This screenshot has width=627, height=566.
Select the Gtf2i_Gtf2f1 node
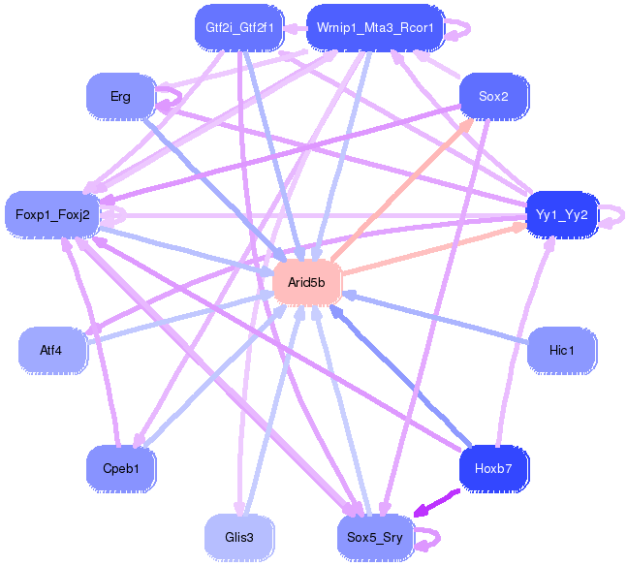tap(237, 27)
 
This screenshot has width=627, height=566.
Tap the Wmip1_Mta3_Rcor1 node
tap(375, 27)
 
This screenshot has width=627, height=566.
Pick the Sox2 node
tap(493, 96)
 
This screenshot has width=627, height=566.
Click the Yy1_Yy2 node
tap(562, 213)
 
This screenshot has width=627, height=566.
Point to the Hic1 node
tap(561, 350)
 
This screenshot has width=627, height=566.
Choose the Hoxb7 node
tap(493, 469)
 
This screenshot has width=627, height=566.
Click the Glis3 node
tap(237, 536)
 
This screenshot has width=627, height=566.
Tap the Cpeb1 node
tap(121, 469)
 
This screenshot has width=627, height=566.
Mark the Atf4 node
tap(51, 350)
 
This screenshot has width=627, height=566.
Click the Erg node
tap(121, 96)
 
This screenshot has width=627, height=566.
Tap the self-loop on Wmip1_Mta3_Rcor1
tap(459, 28)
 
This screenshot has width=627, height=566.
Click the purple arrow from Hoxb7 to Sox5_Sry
tap(437, 503)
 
